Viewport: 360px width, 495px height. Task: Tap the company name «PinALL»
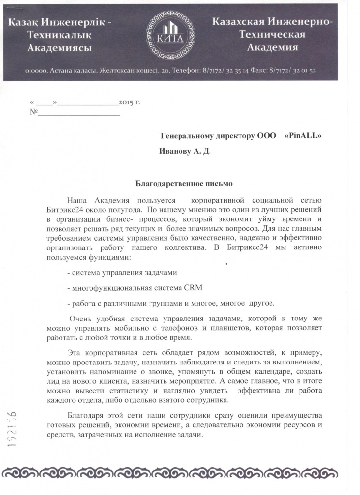[x=303, y=136]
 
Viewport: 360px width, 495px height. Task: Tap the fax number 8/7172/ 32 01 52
[x=292, y=70]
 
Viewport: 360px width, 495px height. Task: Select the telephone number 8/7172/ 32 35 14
[x=222, y=70]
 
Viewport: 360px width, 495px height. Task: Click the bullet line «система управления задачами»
[x=125, y=272]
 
